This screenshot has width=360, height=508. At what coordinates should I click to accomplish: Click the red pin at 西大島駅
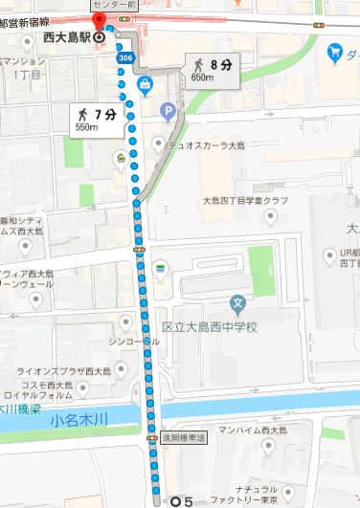coord(98,22)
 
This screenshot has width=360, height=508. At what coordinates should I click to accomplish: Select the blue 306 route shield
coord(126,57)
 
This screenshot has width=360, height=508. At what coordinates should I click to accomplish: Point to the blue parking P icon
coord(169,112)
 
